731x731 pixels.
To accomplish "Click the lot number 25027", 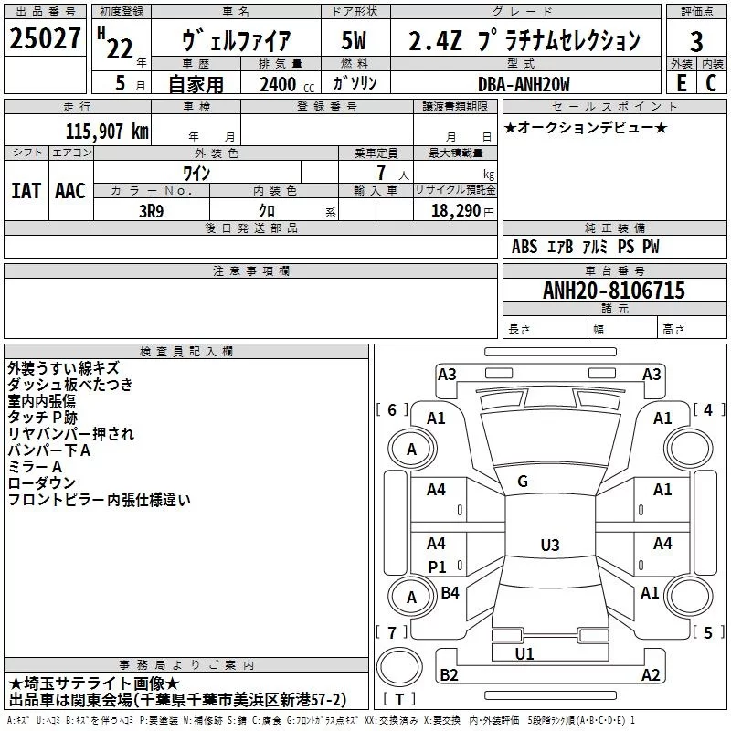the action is pyautogui.click(x=46, y=41).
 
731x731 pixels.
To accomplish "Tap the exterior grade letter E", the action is pyautogui.click(x=680, y=82).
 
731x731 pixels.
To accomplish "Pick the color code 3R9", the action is pyautogui.click(x=153, y=209).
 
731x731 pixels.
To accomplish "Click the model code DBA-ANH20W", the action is pyautogui.click(x=524, y=84).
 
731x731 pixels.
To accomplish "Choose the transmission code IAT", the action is pyautogui.click(x=26, y=191).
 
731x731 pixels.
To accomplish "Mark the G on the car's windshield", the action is pyautogui.click(x=523, y=482).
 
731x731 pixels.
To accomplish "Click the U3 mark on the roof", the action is pyautogui.click(x=549, y=546).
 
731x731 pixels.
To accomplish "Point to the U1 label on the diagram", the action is pyautogui.click(x=524, y=654).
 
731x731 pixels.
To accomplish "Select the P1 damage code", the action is pyautogui.click(x=437, y=567).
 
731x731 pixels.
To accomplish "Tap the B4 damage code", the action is pyautogui.click(x=450, y=593).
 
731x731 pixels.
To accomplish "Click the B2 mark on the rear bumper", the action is pyautogui.click(x=449, y=675).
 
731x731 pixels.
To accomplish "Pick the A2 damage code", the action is pyautogui.click(x=650, y=675).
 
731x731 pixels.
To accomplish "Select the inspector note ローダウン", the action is pyautogui.click(x=41, y=482).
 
